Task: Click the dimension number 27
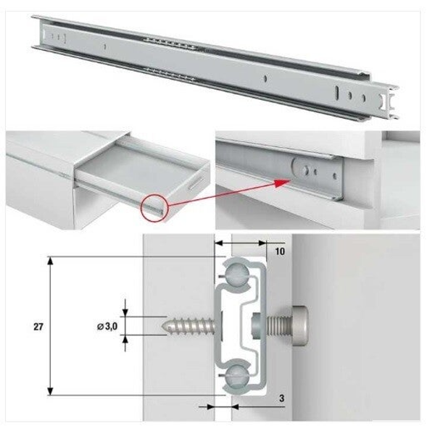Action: point(38,327)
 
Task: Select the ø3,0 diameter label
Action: point(107,327)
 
